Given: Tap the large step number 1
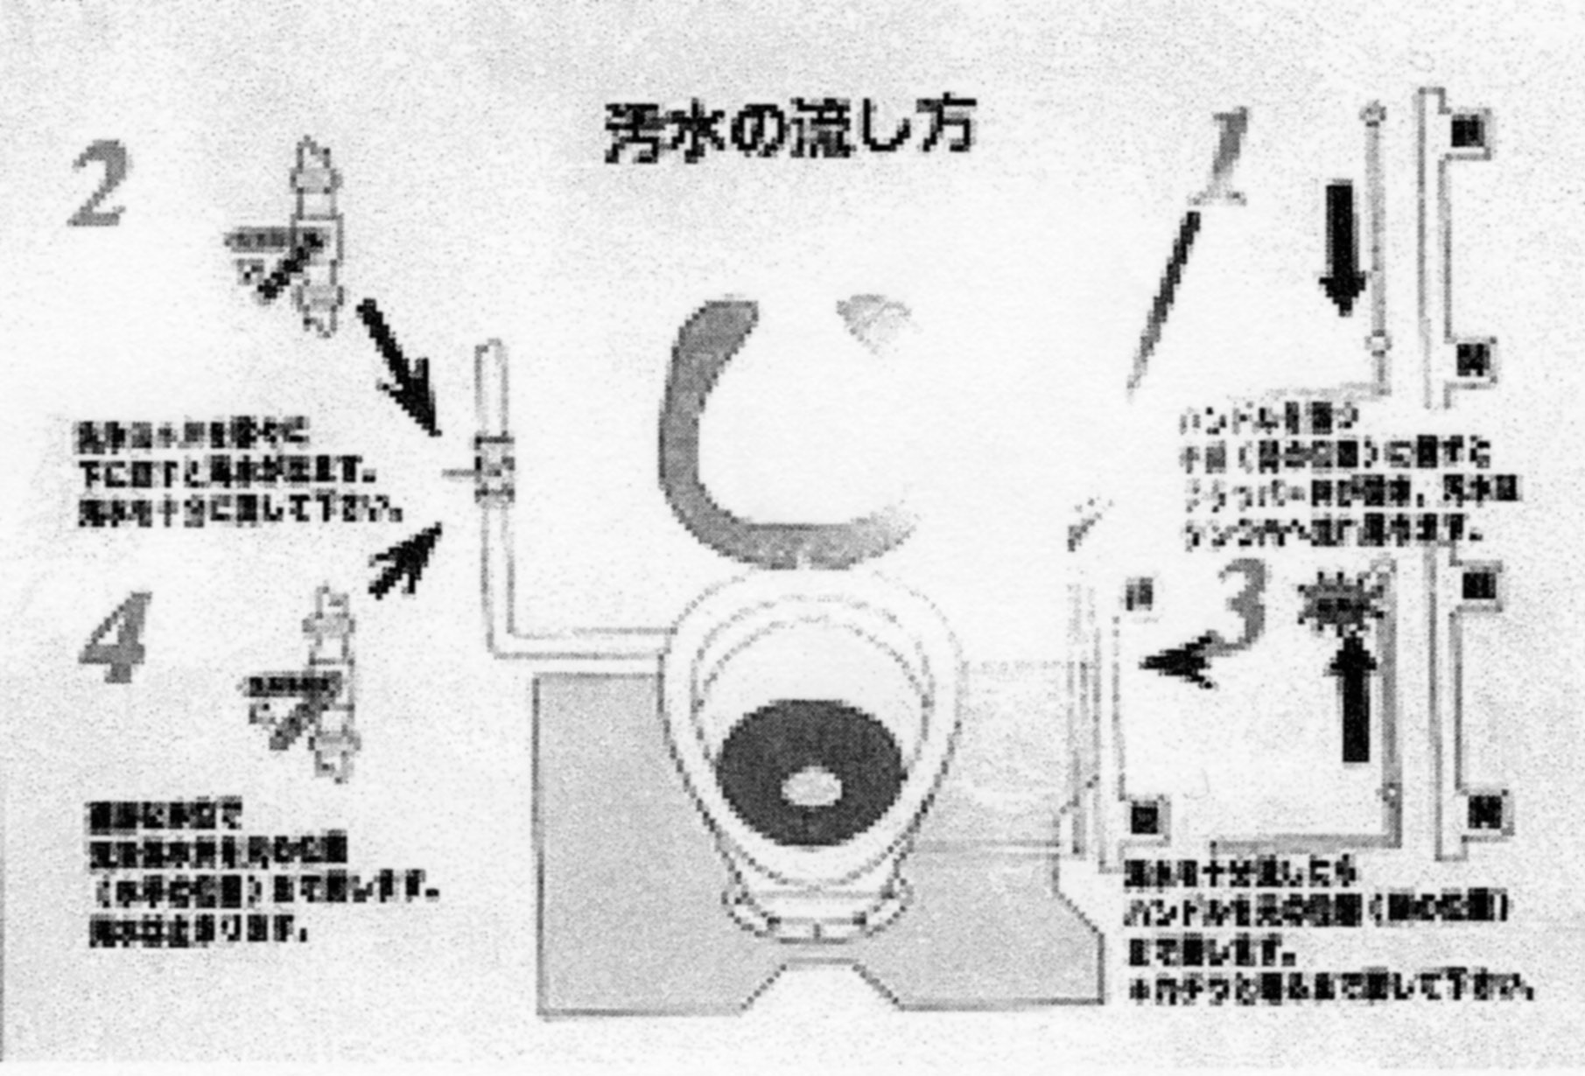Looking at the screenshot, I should tap(1225, 157).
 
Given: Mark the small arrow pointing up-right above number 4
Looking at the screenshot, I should tap(404, 561).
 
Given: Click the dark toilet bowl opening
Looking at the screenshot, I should tap(810, 774).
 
